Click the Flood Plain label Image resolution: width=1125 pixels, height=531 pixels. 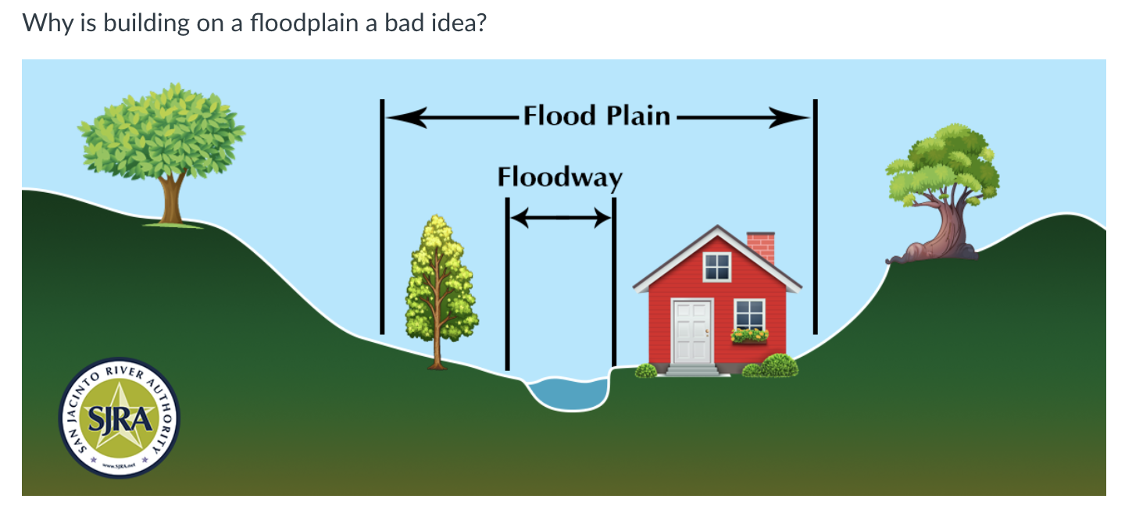click(x=597, y=116)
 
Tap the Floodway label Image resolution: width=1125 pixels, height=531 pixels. click(x=559, y=177)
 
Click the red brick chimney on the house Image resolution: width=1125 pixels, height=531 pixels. click(x=761, y=247)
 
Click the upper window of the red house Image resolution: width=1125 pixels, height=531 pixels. click(x=716, y=267)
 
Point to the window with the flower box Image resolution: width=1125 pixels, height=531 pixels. click(x=749, y=315)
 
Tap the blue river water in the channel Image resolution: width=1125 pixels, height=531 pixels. click(x=569, y=393)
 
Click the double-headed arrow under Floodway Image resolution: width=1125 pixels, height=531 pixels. click(x=559, y=218)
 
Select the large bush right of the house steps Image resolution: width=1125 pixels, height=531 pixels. click(x=778, y=365)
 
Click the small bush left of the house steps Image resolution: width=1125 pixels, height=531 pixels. click(x=646, y=370)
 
